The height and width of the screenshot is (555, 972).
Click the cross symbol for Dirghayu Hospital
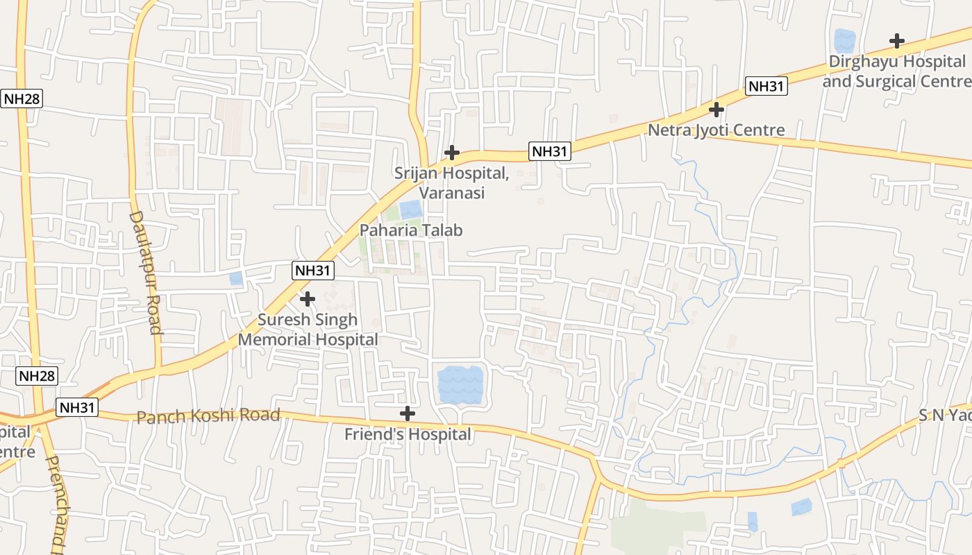pos(897,41)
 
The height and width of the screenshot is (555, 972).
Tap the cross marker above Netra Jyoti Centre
pos(717,110)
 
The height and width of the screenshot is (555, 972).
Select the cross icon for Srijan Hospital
pos(452,153)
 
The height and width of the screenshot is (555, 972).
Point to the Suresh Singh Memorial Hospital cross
pos(307,299)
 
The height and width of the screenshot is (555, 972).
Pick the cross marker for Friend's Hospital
pos(408,414)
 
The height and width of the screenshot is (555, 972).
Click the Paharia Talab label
pos(411,230)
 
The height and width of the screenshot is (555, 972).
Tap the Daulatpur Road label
pos(145,272)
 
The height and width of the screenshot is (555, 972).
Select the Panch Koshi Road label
pos(208,416)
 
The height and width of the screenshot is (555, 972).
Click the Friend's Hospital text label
pos(408,435)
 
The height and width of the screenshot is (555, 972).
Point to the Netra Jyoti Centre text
pos(717,130)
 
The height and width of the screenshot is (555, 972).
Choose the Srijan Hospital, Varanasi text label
pos(452,183)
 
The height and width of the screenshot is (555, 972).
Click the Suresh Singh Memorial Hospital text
pos(308,330)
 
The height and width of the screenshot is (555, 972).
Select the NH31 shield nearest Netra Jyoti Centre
pos(766,87)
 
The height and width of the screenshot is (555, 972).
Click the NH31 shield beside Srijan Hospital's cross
pos(550,151)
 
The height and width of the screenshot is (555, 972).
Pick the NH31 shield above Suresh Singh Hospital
pos(313,271)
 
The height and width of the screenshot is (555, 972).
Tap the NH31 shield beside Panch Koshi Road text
pos(77,408)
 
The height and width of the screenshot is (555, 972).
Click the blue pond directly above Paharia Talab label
pos(410,210)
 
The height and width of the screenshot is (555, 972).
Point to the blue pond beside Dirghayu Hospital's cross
pos(845,40)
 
